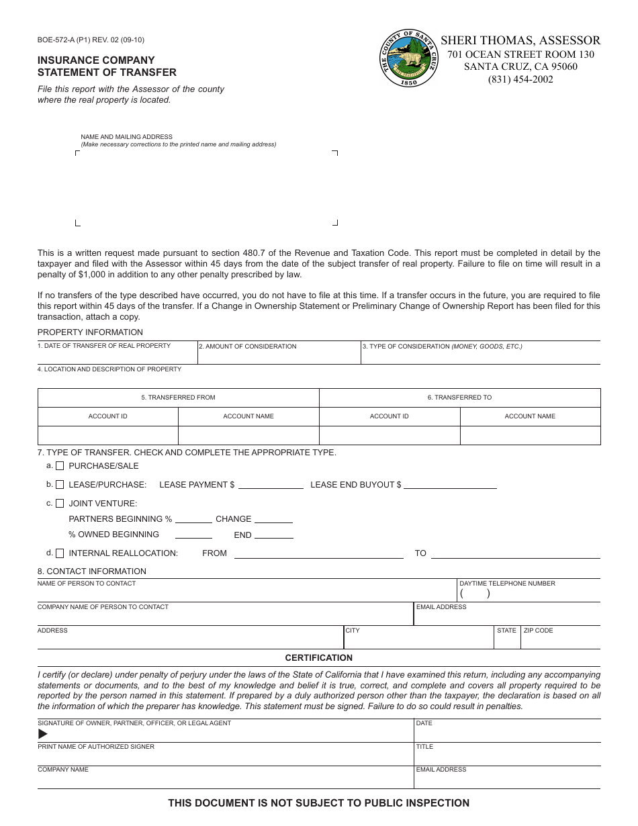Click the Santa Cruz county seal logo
(408, 58)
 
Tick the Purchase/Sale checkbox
(60, 466)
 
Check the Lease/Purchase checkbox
(60, 485)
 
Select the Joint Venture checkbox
(60, 504)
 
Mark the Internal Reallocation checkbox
(60, 553)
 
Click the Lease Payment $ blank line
(271, 485)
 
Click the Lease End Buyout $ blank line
(450, 485)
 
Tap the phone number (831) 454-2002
(520, 79)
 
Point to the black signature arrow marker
(43, 734)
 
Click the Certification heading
(319, 658)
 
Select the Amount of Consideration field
(279, 353)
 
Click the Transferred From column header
(178, 398)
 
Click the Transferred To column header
(459, 398)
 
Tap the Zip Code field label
(538, 631)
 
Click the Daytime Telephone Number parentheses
(475, 594)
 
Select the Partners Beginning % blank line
(193, 520)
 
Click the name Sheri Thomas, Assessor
(520, 40)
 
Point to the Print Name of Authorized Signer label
(96, 747)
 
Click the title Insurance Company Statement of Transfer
(107, 66)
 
